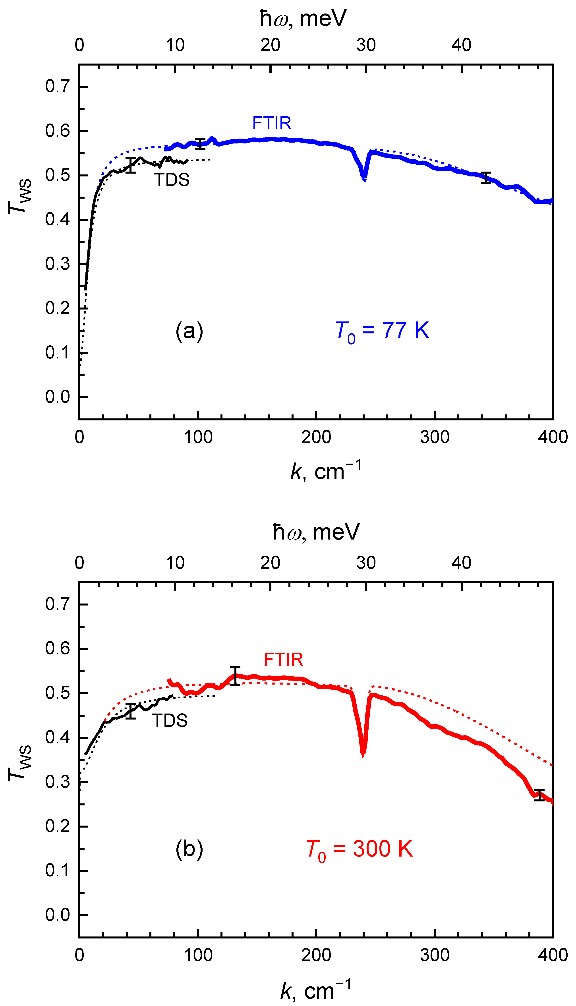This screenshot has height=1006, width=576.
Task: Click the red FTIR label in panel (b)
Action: pos(283,660)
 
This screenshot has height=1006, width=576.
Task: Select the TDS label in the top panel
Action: pos(172,180)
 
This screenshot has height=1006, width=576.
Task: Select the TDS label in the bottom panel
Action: pos(170,721)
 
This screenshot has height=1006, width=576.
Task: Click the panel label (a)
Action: pos(189,331)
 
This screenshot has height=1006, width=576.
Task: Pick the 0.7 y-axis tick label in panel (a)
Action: pos(57,86)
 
